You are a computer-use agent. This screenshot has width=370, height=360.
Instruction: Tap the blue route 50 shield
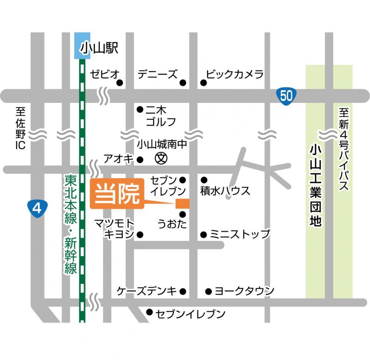point(286,96)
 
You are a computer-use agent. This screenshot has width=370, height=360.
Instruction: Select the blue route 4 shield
point(37,208)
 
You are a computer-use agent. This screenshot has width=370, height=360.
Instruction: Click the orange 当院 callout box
point(117,194)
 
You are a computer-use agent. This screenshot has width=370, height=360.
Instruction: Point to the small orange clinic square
point(182,203)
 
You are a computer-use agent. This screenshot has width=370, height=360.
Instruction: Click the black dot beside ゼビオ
point(120,83)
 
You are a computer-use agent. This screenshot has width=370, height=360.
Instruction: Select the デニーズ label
point(158,74)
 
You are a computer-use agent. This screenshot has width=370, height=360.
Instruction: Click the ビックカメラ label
point(235,74)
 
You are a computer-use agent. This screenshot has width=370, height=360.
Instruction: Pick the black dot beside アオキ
point(140,160)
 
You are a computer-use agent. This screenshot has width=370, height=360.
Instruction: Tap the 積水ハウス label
point(225,191)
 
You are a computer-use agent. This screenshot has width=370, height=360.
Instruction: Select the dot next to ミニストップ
point(203,234)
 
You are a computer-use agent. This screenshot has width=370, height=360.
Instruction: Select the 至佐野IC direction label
point(20,128)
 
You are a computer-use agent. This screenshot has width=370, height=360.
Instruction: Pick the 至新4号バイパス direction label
point(344,148)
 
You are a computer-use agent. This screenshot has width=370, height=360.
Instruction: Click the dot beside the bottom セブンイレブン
point(149,312)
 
